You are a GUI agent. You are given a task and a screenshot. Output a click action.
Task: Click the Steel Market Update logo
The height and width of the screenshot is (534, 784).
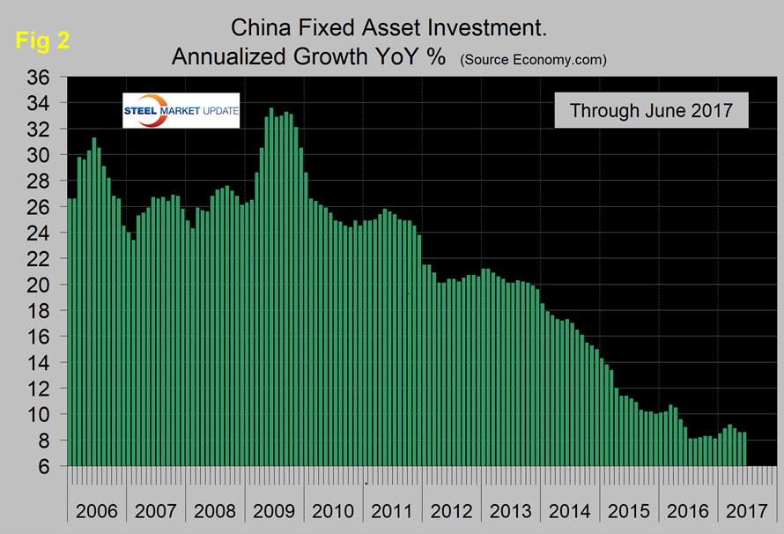[181, 110]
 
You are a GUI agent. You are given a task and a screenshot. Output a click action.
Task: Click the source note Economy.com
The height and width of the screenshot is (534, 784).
[533, 60]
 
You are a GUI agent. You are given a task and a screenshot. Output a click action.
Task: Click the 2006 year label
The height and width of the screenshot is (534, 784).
[97, 510]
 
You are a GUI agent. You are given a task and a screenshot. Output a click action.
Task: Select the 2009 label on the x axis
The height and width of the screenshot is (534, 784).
[275, 510]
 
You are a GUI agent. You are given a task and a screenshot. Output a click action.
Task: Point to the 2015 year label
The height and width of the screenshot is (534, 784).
[629, 510]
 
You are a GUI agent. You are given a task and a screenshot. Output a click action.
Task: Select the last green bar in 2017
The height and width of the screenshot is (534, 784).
[745, 449]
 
